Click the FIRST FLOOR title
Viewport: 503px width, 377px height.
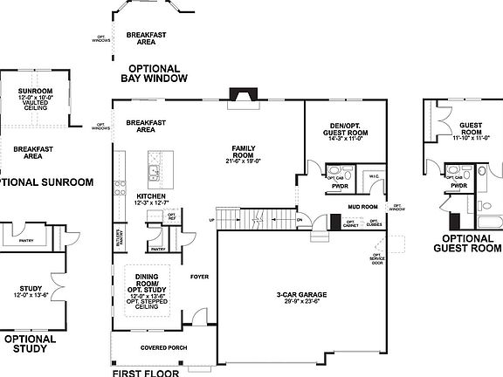145,372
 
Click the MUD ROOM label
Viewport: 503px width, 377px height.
362,207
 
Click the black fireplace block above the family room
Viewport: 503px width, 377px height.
238,94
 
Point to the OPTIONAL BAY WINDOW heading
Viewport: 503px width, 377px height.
154,73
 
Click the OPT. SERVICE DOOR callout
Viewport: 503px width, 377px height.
377,259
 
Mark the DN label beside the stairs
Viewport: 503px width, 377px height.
299,220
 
